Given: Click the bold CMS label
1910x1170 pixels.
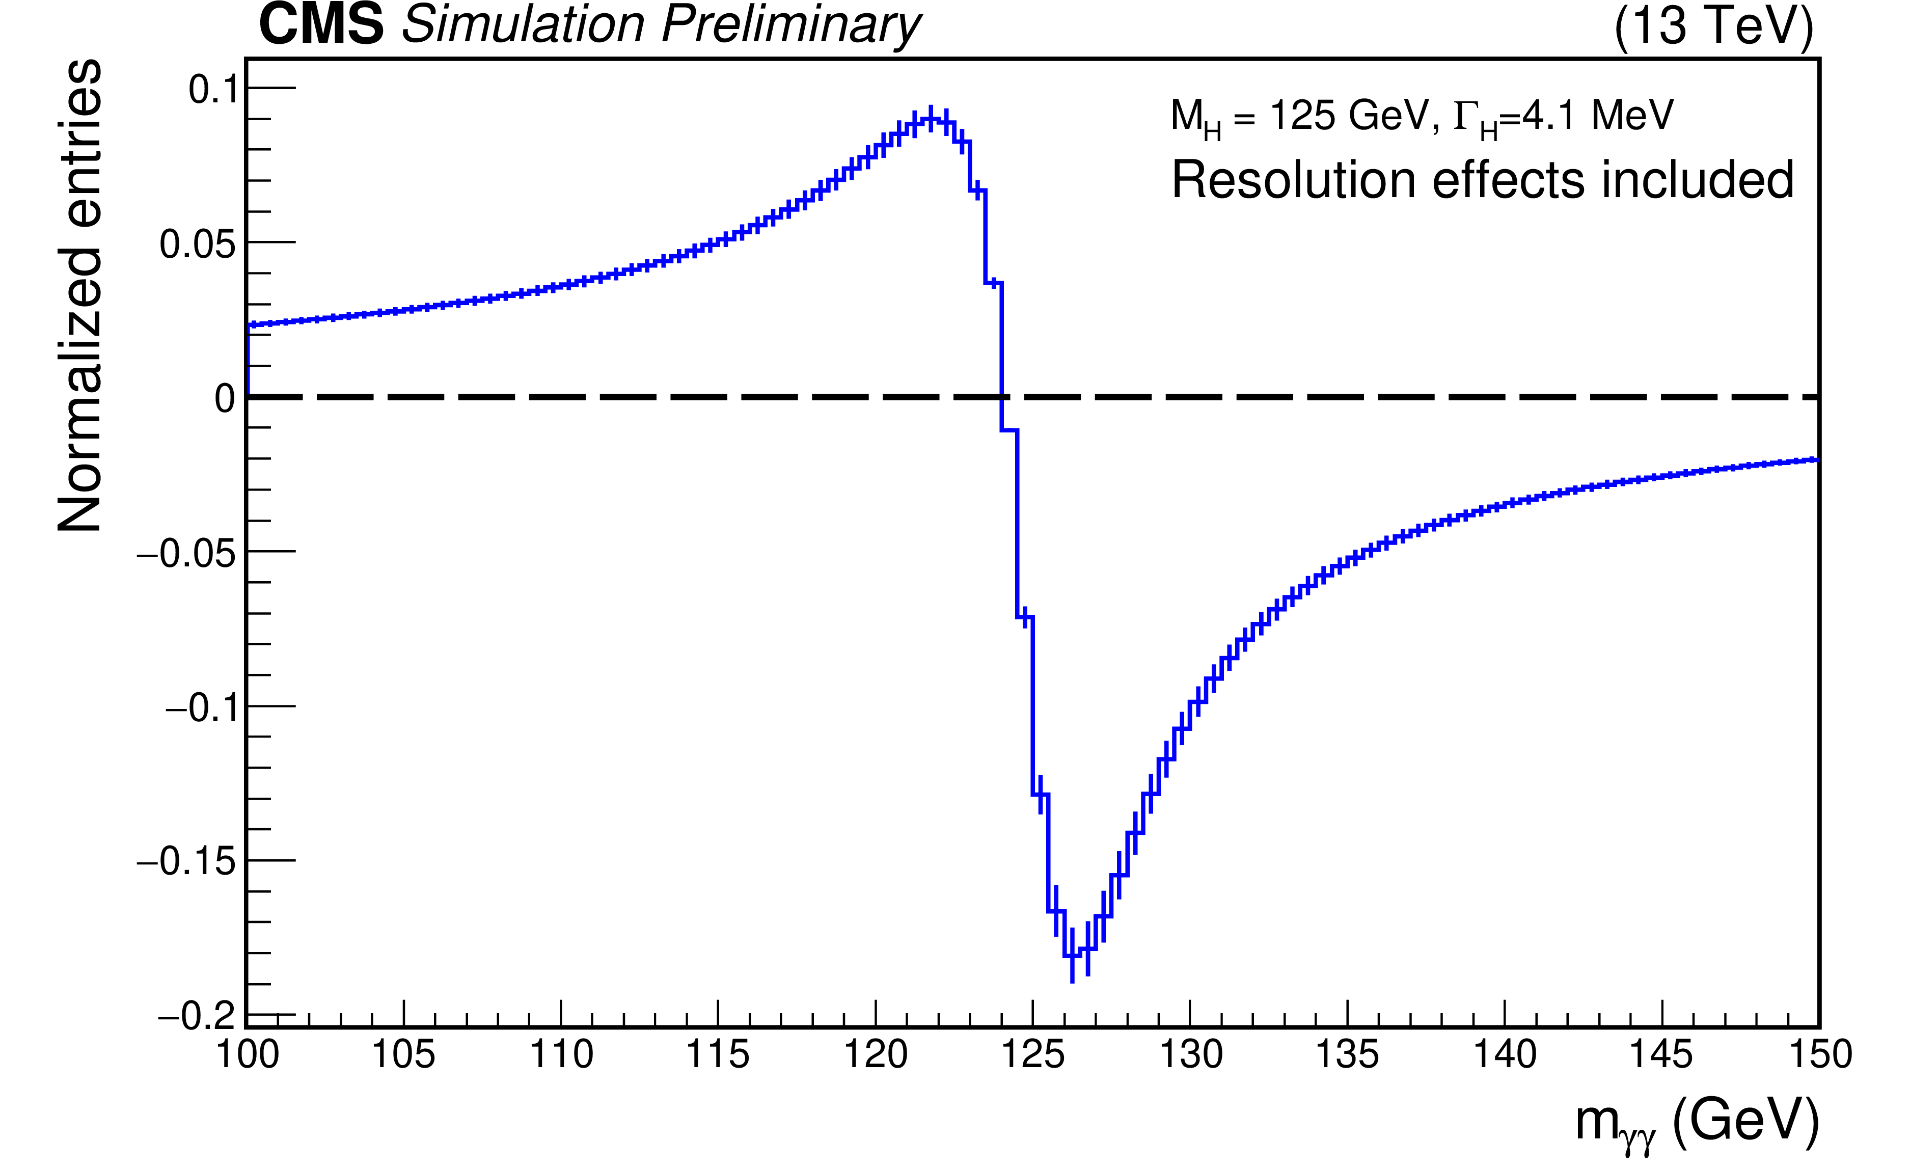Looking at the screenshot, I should (321, 25).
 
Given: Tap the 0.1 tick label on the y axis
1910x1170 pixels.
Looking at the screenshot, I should (212, 90).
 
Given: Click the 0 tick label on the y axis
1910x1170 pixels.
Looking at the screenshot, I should (225, 399).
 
